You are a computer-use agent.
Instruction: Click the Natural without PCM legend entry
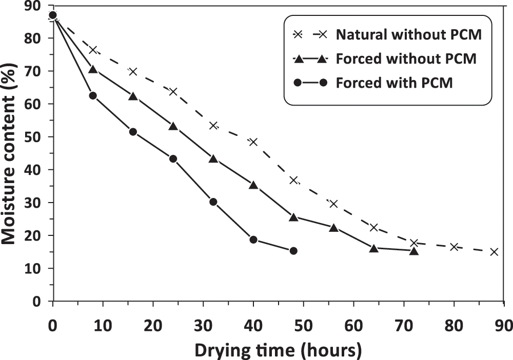[409, 35]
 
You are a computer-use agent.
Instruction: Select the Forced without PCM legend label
[407, 58]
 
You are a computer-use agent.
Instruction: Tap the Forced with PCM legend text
[394, 82]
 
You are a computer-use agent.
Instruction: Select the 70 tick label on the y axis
[36, 71]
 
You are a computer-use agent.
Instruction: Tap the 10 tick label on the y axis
[36, 268]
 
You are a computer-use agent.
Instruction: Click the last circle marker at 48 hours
[293, 251]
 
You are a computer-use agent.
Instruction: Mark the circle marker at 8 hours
[93, 95]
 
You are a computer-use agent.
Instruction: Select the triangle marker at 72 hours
[414, 251]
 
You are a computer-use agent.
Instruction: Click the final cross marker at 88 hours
[494, 252]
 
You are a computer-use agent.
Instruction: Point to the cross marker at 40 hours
[253, 142]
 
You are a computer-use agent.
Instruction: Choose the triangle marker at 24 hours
[173, 126]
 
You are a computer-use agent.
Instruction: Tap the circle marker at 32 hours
[213, 202]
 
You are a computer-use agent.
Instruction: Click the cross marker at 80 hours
[454, 247]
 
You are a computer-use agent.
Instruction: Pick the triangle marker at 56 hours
[333, 228]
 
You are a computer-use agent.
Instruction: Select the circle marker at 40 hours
[253, 239]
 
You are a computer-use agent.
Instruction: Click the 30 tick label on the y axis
[36, 203]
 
